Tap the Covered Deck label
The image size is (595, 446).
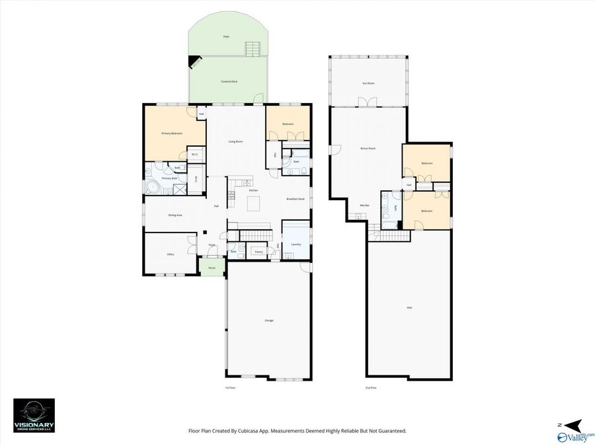pyautogui.click(x=229, y=81)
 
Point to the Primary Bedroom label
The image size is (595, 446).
pyautogui.click(x=171, y=133)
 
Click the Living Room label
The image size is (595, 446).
pyautogui.click(x=235, y=141)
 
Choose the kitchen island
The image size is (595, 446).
pyautogui.click(x=254, y=203)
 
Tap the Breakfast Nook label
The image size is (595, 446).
pyautogui.click(x=296, y=199)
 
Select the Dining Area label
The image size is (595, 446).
pyautogui.click(x=175, y=215)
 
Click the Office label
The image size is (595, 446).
pyautogui.click(x=170, y=254)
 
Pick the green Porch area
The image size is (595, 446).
pyautogui.click(x=212, y=268)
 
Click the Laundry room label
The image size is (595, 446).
pyautogui.click(x=296, y=244)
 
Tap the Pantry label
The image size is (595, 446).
pyautogui.click(x=258, y=252)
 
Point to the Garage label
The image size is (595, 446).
pyautogui.click(x=269, y=320)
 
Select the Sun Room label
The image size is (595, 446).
pyautogui.click(x=368, y=83)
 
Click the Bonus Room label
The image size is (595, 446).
pyautogui.click(x=368, y=149)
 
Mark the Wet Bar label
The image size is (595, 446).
pyautogui.click(x=364, y=205)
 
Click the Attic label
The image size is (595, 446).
pyautogui.click(x=410, y=307)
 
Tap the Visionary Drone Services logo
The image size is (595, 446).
pyautogui.click(x=34, y=415)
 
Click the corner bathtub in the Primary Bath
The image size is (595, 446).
pyautogui.click(x=153, y=188)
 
